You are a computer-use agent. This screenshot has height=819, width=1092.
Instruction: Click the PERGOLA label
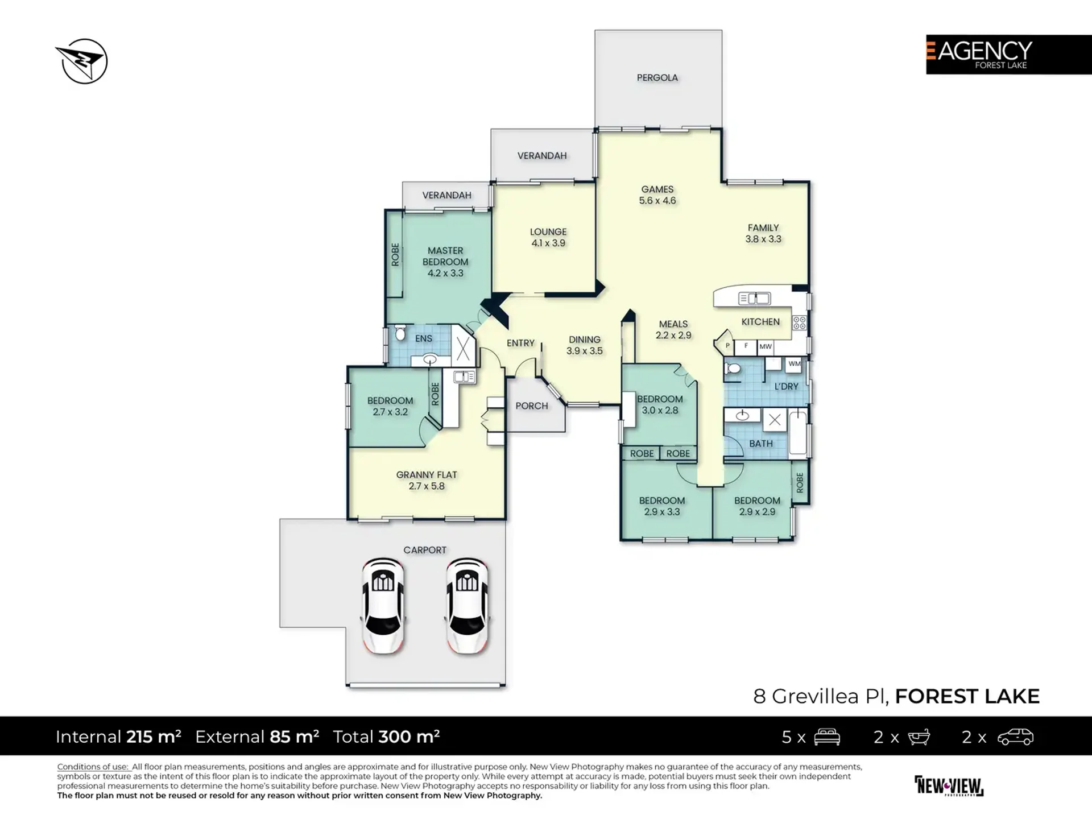tap(657, 77)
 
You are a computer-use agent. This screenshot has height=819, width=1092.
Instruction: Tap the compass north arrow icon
tap(84, 61)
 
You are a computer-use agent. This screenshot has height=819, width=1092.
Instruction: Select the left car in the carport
tap(382, 605)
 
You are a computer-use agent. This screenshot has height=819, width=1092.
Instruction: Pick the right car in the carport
tap(467, 605)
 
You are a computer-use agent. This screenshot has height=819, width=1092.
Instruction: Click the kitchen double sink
tap(754, 298)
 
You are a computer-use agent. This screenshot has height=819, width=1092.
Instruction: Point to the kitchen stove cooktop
tap(799, 323)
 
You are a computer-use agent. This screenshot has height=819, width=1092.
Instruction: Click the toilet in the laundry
tap(733, 369)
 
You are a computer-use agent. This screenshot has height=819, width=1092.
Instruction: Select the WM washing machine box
tap(794, 364)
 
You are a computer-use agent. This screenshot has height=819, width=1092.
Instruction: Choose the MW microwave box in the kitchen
tap(766, 346)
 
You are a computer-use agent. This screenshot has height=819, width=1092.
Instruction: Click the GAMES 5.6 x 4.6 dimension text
tap(657, 201)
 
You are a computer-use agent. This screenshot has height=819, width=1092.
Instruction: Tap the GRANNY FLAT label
tap(427, 474)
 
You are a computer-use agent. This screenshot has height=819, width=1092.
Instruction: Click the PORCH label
tap(531, 406)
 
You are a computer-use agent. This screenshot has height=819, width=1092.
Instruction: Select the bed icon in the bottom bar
tap(827, 737)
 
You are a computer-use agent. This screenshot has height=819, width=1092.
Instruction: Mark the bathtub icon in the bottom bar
tap(918, 737)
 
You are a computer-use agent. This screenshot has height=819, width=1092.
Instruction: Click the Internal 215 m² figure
tap(118, 737)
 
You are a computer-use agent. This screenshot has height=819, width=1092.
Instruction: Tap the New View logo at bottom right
tap(949, 786)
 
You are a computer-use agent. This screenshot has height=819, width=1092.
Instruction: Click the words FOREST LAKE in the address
tap(967, 696)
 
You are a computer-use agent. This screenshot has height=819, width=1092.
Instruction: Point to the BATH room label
tap(760, 444)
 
